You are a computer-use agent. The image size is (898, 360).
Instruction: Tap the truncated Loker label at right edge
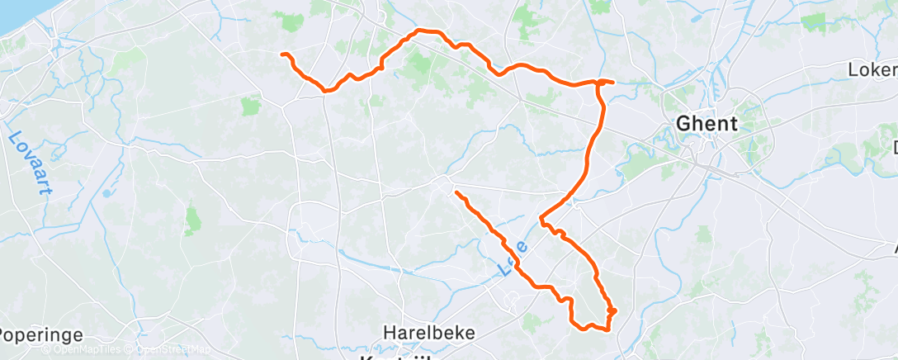pos(873,69)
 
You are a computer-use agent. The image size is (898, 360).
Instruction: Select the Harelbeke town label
pos(429,333)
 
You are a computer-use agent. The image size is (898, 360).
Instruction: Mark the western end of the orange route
pos(283,54)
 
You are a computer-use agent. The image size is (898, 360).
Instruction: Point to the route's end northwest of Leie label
pos(456,192)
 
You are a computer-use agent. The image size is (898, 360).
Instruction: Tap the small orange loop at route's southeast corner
pos(612,311)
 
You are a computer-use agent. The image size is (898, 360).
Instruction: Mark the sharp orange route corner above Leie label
pos(541,219)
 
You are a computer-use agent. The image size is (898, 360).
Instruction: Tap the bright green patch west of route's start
pos(251,106)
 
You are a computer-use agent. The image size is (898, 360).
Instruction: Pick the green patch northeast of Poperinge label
pos(193,219)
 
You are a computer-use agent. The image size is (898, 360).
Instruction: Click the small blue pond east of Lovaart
pos(106,194)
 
